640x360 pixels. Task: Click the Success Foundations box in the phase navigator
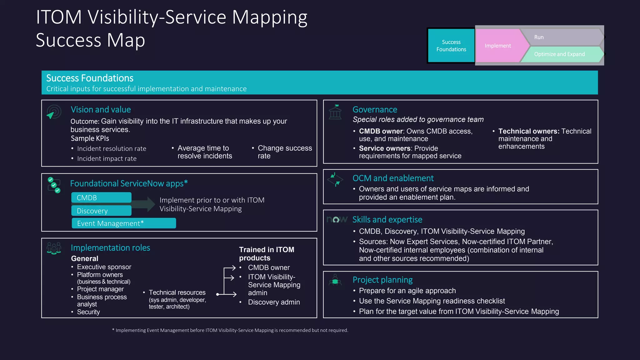click(451, 46)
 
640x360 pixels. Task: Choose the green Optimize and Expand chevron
click(559, 54)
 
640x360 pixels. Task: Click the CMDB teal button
click(101, 198)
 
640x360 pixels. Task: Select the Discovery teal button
click(101, 211)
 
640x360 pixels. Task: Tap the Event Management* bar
click(124, 223)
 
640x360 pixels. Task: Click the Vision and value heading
click(101, 110)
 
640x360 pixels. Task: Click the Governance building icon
click(335, 112)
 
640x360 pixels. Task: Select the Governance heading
click(375, 110)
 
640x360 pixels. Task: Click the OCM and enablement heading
click(393, 178)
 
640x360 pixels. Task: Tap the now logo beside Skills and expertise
click(337, 220)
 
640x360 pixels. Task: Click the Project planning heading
click(382, 280)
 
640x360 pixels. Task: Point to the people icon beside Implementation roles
click(54, 248)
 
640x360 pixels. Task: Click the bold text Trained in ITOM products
click(267, 254)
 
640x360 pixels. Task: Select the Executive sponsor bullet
click(104, 267)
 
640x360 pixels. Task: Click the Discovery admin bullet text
click(274, 302)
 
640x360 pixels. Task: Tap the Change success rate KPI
click(284, 152)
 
